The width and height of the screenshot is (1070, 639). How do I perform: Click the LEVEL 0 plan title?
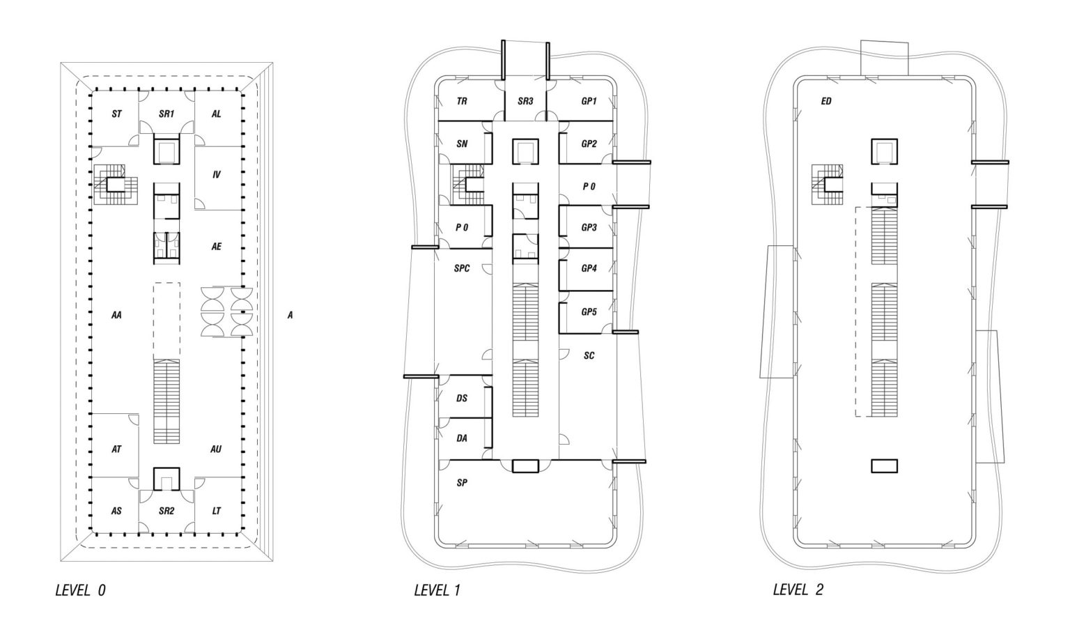80,591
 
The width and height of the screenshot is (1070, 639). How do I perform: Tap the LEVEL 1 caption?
437,591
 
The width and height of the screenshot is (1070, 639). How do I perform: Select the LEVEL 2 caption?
798,590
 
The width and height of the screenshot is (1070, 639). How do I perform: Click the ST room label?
116,114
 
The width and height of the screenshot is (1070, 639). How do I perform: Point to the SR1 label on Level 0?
166,114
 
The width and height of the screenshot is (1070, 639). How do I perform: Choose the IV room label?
217,175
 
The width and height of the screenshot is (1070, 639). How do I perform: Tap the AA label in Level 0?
116,315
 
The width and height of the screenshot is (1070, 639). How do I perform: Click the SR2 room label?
166,511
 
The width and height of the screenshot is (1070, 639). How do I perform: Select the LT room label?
217,511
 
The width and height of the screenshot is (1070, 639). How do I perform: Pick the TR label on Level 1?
462,101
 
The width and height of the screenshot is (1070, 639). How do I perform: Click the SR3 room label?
525,101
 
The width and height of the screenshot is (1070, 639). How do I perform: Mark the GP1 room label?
589,101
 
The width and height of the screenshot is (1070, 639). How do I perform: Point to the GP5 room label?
589,312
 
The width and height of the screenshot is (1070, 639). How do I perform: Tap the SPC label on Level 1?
462,268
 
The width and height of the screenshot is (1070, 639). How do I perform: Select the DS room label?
462,399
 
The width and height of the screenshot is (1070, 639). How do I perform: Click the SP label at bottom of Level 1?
462,482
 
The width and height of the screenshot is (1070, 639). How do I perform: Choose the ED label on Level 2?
826,101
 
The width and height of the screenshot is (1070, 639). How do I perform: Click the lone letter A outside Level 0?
290,315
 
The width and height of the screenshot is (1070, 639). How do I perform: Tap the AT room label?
116,449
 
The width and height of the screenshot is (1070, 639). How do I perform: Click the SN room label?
462,144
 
